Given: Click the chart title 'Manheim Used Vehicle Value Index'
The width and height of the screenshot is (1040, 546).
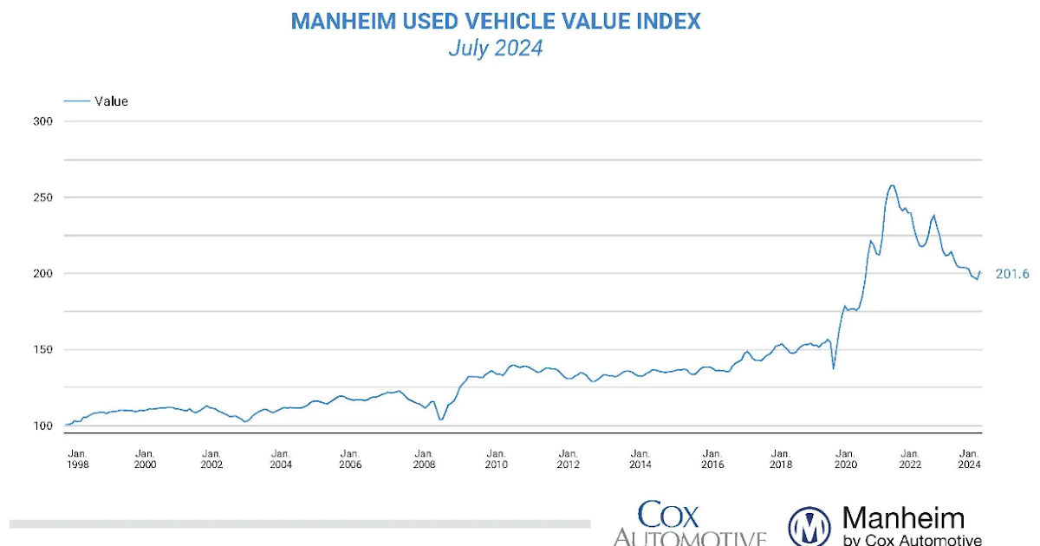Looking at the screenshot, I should point(495,21).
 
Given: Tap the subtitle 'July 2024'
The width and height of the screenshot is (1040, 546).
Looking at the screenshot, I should point(495,49).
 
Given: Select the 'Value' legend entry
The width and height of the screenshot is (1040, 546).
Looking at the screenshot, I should point(111,101).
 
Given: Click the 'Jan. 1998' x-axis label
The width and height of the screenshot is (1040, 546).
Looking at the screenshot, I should point(77,458).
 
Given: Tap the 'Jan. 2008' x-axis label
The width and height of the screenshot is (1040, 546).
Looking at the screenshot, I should point(424,458).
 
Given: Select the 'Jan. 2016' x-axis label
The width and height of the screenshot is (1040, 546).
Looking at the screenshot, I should point(712,458).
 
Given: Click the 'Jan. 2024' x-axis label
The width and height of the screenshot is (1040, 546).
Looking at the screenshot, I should point(971,458).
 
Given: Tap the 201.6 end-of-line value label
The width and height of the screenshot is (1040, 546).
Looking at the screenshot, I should point(1011,274).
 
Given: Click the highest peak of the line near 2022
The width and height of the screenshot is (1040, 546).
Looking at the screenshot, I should point(892,185).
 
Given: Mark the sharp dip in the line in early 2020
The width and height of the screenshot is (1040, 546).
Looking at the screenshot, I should point(834,368).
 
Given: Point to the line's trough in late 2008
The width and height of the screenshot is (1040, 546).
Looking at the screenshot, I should point(441,419).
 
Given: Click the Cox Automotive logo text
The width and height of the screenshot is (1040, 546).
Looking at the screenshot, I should point(690,525).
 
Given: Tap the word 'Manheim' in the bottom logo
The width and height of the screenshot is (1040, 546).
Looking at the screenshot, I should point(903,519).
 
